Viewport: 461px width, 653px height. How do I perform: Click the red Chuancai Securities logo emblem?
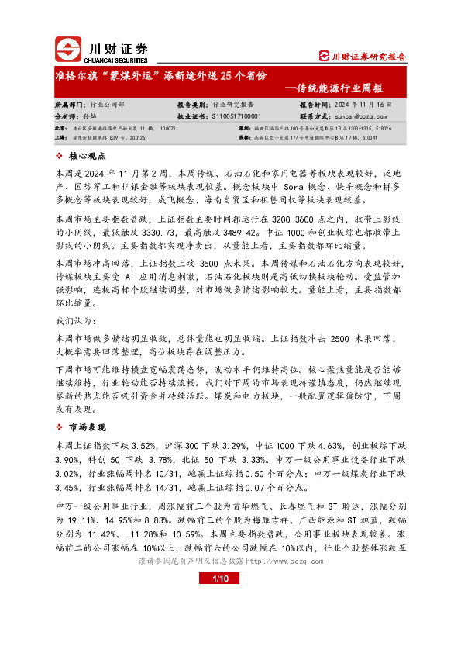point(68,50)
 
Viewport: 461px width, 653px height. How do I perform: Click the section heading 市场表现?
point(87,428)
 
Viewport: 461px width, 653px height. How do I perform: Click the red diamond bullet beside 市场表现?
point(60,428)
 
